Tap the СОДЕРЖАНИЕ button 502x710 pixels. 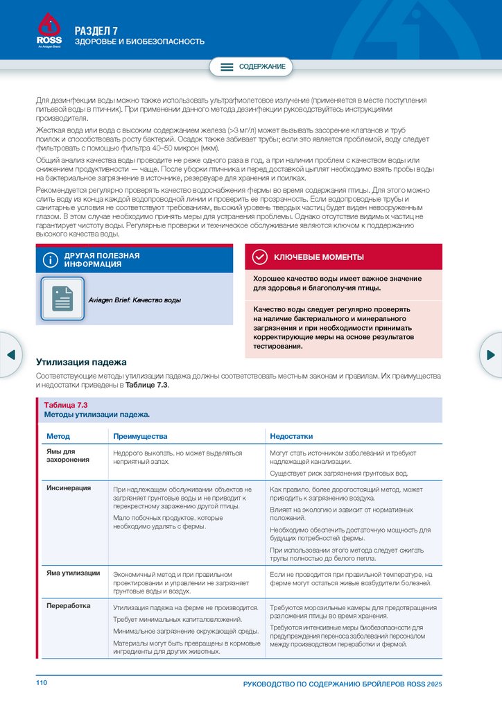pos(252,67)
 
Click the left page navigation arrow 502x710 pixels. pos(10,355)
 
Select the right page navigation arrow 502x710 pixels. pos(491,355)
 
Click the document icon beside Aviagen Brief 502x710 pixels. pos(62,299)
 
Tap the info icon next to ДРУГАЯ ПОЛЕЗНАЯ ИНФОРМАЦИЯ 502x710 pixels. pos(50,260)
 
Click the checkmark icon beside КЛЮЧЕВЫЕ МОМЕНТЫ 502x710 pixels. pos(259,257)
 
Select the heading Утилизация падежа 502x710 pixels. pos(81,362)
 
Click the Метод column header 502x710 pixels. pos(58,436)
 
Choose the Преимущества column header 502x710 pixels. pos(140,436)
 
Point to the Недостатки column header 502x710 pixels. pos(291,436)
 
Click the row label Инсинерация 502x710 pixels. pos(69,488)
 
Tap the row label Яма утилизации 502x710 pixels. pos(73,573)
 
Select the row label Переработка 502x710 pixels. pos(68,605)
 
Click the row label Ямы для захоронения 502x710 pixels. pos(63,456)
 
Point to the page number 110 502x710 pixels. pos(42,684)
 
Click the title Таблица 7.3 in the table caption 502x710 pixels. pos(65,405)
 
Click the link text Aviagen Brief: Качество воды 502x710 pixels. pos(135,300)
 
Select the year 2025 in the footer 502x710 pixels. pos(434,684)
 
